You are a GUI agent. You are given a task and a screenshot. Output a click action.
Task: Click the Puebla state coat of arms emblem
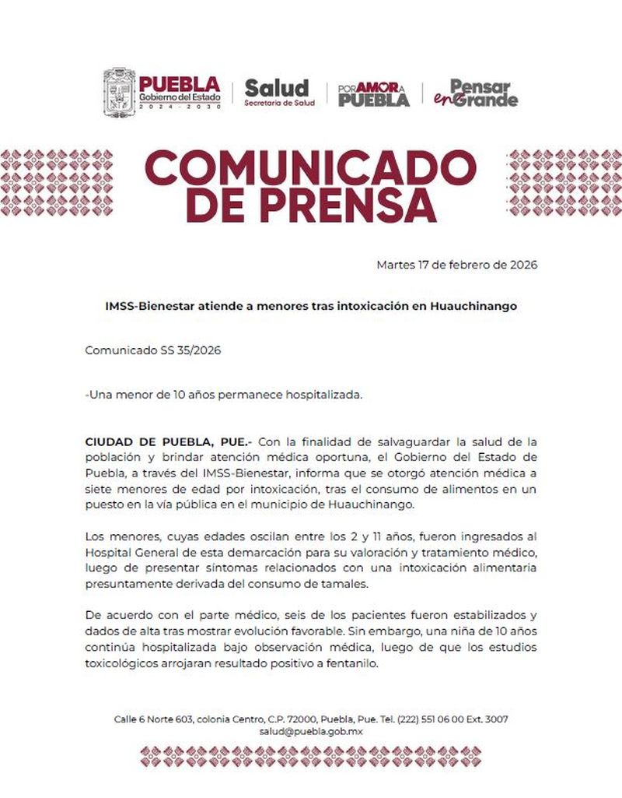click(x=119, y=93)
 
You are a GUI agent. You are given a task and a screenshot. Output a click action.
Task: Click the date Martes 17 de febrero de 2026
click(x=456, y=265)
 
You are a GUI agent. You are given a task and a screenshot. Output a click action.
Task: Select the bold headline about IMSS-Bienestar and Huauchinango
click(x=311, y=306)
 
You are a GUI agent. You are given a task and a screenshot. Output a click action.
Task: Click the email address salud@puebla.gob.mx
click(x=311, y=732)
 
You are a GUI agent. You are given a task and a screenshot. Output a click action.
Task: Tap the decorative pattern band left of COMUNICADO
click(x=56, y=185)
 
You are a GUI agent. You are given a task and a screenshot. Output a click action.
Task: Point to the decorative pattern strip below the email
click(x=310, y=756)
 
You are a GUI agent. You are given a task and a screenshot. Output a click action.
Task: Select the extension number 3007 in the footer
click(x=496, y=719)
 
